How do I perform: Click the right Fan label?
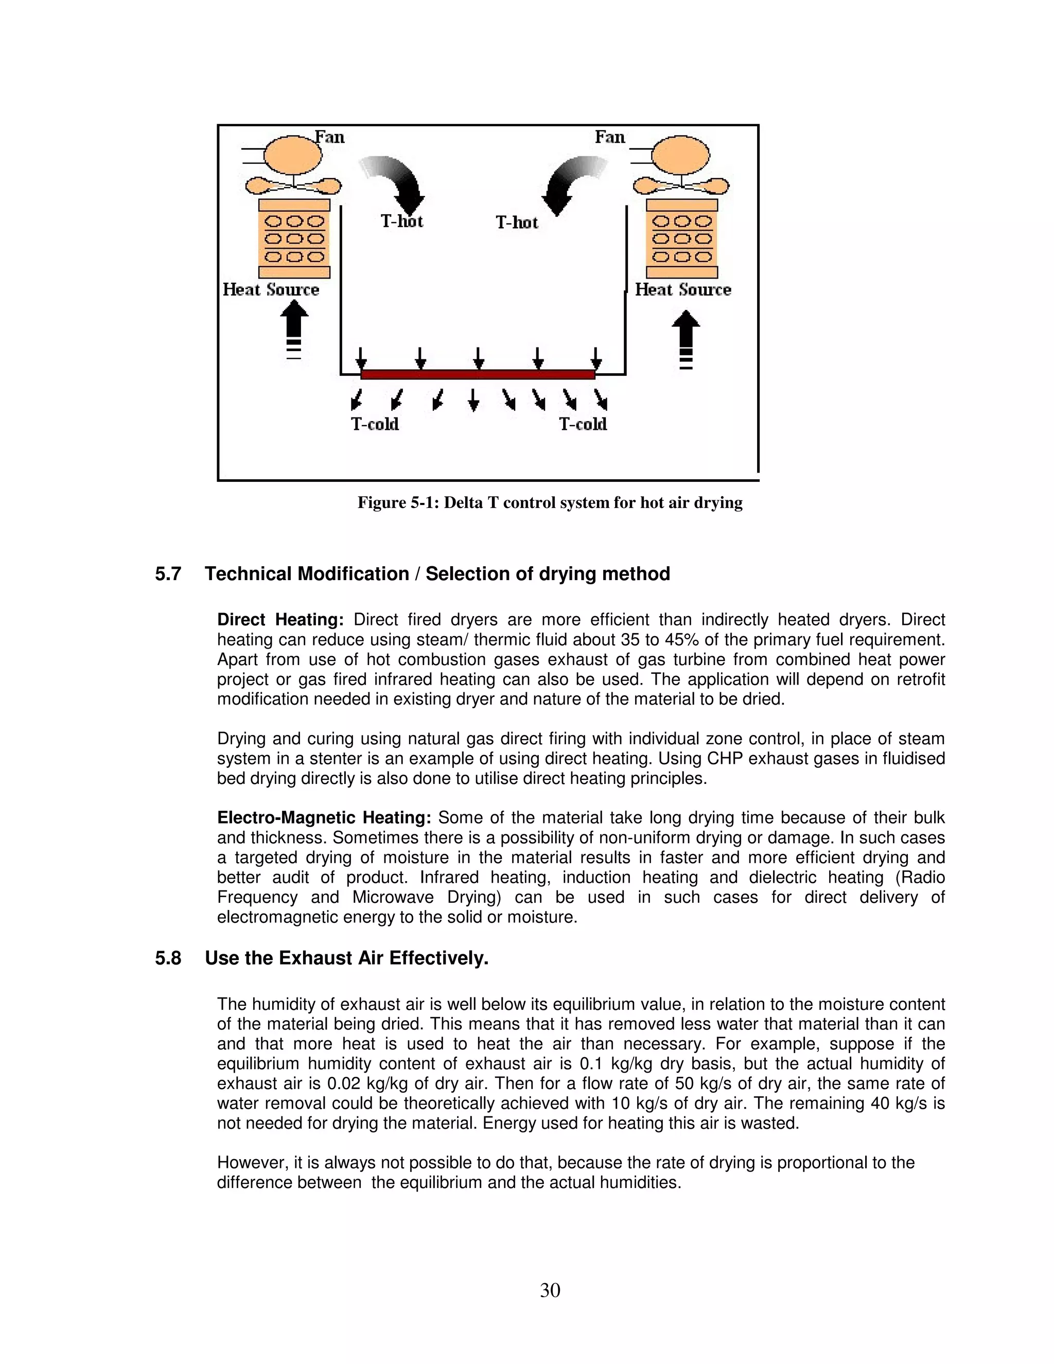tap(609, 137)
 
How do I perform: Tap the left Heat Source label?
tap(271, 290)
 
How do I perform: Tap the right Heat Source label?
tap(682, 290)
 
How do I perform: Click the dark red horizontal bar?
tap(478, 375)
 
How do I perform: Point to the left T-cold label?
tap(375, 425)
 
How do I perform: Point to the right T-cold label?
tap(583, 425)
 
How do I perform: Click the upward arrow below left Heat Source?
tap(294, 325)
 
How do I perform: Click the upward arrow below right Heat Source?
tap(686, 331)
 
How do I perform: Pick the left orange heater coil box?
tap(294, 239)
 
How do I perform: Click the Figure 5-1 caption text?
tap(550, 503)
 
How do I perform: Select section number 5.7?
tap(168, 574)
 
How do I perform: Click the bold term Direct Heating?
tap(280, 620)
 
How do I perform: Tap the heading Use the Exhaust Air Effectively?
tap(346, 958)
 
